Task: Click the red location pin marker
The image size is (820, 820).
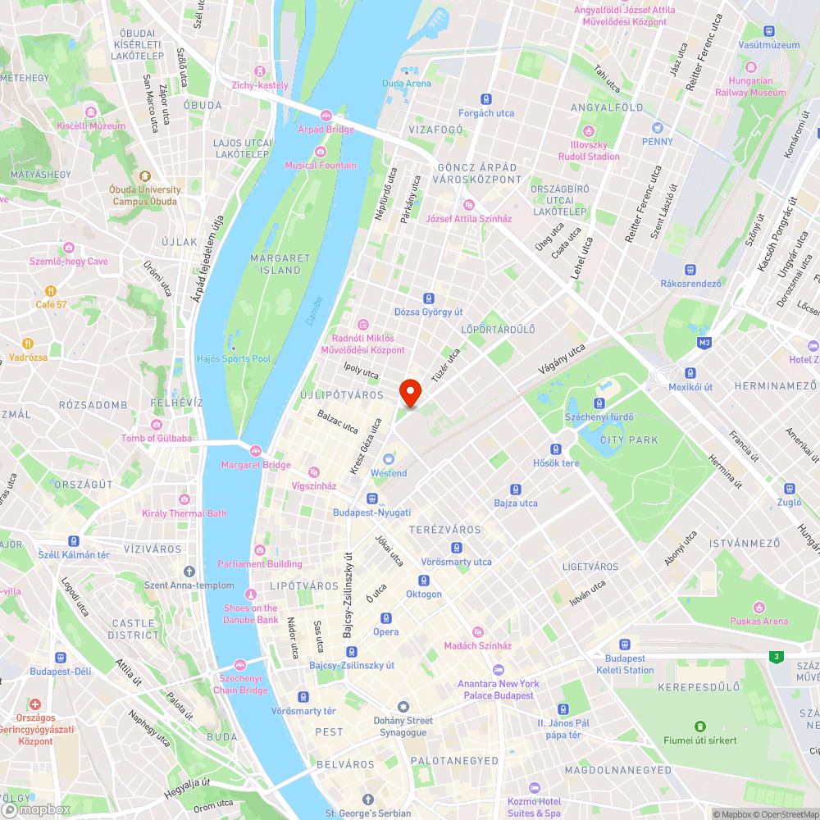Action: [x=409, y=392]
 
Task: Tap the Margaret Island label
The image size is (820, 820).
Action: [x=280, y=263]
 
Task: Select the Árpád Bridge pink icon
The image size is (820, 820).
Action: [x=326, y=116]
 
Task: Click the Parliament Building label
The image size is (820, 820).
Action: [x=260, y=564]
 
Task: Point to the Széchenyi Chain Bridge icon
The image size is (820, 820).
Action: [x=240, y=665]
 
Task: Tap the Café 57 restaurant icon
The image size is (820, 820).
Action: [x=51, y=290]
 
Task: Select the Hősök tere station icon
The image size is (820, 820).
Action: [x=557, y=449]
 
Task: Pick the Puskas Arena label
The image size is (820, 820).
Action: [x=759, y=621]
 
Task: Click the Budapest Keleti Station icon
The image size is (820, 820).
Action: [x=625, y=645]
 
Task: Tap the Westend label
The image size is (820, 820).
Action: [x=389, y=473]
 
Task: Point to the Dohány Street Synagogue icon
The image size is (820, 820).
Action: [x=403, y=707]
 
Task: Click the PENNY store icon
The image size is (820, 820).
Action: [x=657, y=128]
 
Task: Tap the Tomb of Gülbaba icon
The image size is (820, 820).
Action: [x=157, y=424]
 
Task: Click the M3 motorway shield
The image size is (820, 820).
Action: [x=704, y=342]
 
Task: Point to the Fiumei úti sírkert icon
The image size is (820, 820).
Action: [x=700, y=727]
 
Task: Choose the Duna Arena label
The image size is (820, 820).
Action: [x=407, y=83]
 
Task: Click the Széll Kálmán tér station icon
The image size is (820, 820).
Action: [x=74, y=541]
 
